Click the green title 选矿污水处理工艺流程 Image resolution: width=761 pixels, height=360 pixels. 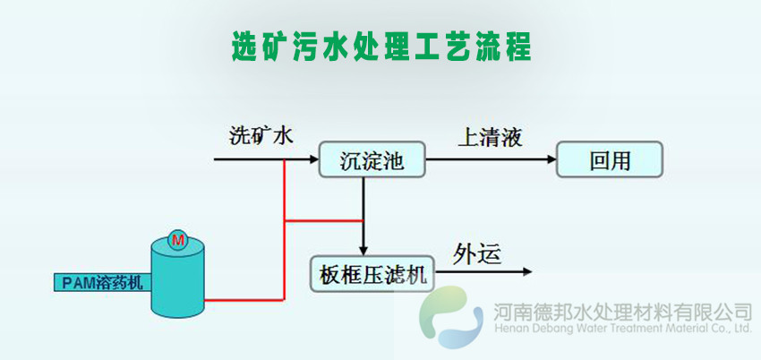pos(380,46)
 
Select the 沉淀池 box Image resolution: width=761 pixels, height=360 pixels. pos(372,161)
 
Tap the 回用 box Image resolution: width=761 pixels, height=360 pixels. pos(611,161)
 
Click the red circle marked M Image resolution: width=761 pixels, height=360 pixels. pos(177,239)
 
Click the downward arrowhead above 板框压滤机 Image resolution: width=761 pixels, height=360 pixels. pos(363,250)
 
